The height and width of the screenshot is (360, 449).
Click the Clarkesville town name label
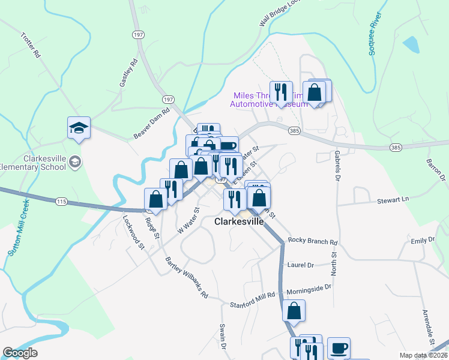(239, 221)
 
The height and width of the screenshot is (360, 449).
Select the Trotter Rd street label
(30, 45)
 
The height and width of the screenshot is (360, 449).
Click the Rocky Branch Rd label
(313, 241)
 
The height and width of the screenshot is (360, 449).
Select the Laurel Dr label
(301, 265)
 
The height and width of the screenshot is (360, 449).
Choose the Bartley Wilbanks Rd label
(186, 277)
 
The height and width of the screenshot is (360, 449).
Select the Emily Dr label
(422, 240)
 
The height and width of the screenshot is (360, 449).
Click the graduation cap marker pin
(79, 127)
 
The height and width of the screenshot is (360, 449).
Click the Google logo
(20, 353)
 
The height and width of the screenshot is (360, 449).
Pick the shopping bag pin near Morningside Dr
(294, 311)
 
